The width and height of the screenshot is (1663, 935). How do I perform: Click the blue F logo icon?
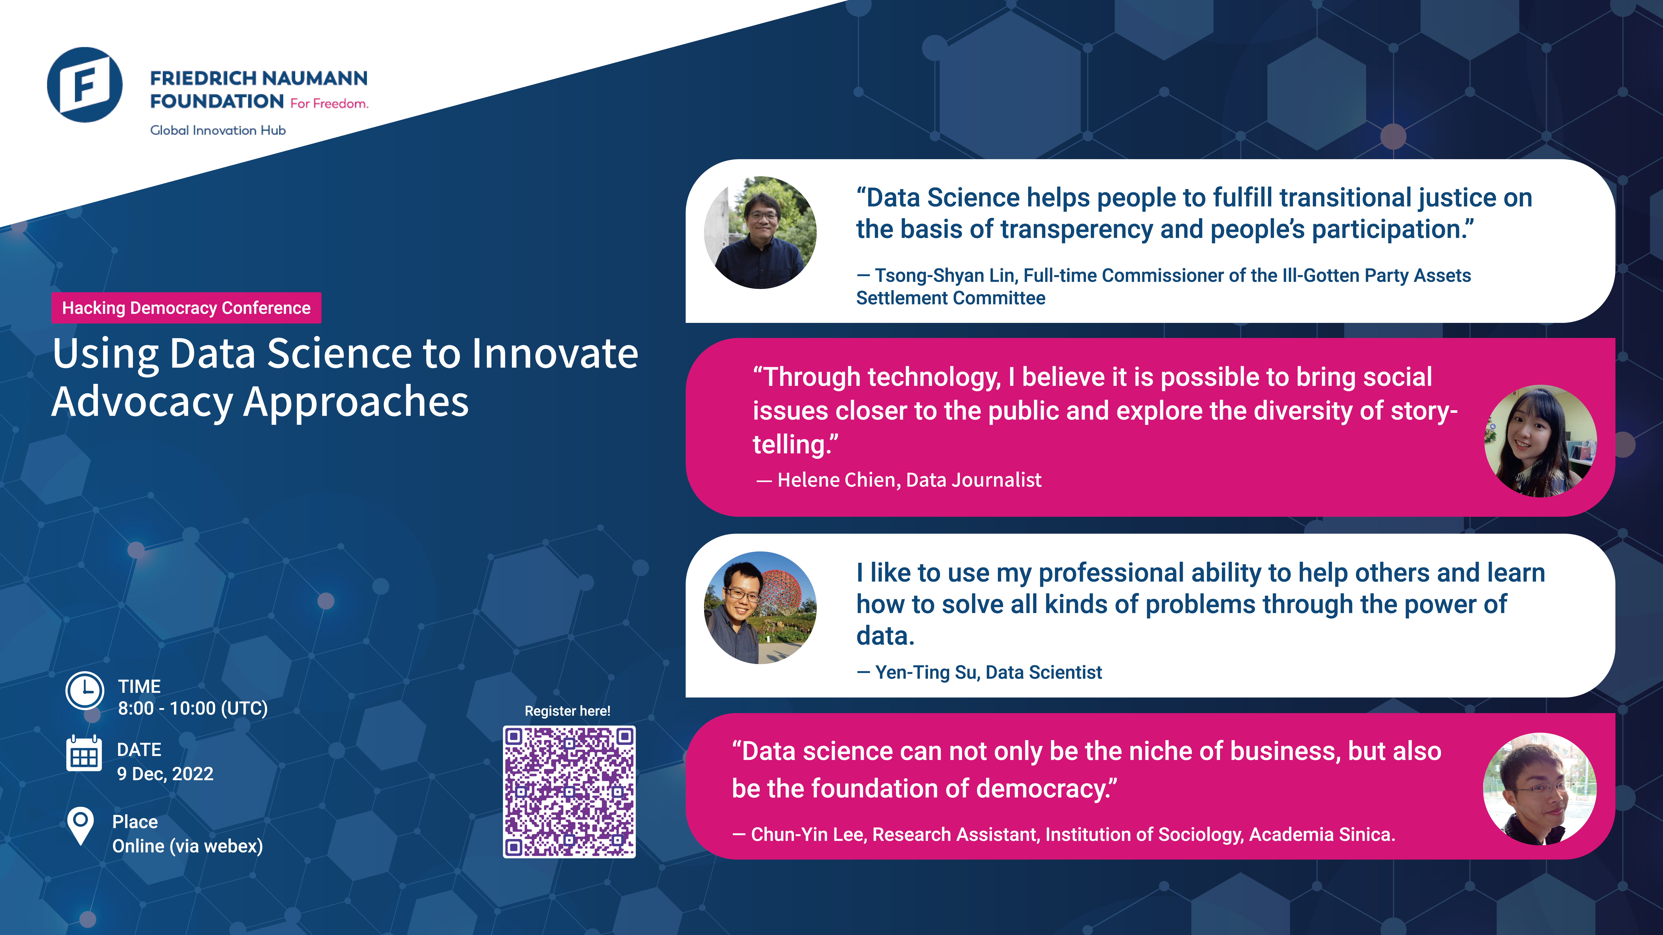pyautogui.click(x=85, y=85)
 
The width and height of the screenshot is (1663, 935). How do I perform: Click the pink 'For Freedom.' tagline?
pyautogui.click(x=329, y=103)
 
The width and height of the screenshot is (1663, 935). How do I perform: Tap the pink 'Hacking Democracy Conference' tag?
pyautogui.click(x=186, y=308)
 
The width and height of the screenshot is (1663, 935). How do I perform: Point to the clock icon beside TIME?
pyautogui.click(x=85, y=690)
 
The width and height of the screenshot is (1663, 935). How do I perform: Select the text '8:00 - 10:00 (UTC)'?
pyautogui.click(x=192, y=709)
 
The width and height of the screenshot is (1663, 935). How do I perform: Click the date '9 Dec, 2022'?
pyautogui.click(x=165, y=774)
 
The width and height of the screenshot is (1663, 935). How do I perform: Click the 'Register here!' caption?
pyautogui.click(x=567, y=711)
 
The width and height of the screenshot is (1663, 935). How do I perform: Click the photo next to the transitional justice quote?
pyautogui.click(x=760, y=232)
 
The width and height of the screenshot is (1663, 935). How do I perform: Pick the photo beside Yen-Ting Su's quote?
pyautogui.click(x=760, y=607)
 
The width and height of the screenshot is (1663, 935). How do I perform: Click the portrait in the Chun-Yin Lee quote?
pyautogui.click(x=1540, y=789)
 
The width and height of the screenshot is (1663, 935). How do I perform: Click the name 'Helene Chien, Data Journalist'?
pyautogui.click(x=909, y=480)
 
